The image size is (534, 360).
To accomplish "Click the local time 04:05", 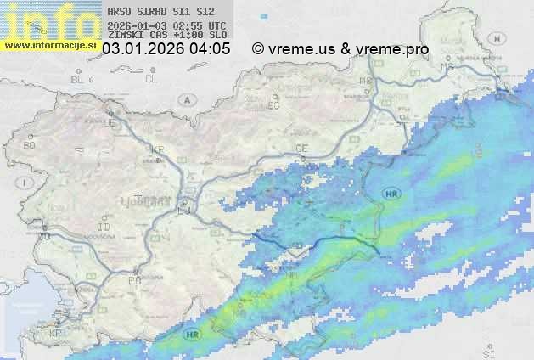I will (210, 49).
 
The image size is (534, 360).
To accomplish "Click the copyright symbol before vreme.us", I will (258, 49).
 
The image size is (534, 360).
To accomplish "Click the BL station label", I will (78, 79).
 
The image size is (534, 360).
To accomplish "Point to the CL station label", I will (152, 79).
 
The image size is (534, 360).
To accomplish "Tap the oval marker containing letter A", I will (186, 100).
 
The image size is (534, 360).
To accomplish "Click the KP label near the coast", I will (57, 332).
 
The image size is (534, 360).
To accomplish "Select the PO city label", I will (133, 279).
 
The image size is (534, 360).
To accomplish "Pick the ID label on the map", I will (104, 228).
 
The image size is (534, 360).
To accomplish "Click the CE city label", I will (301, 149).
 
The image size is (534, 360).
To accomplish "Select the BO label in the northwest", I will (30, 145).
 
